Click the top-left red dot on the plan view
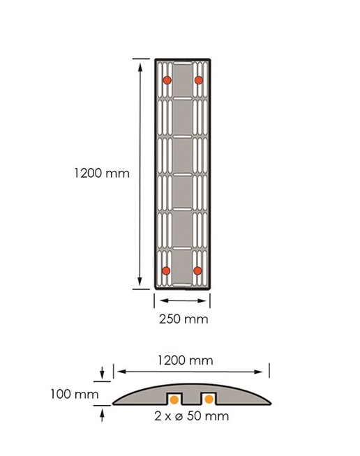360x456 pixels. pyautogui.click(x=167, y=80)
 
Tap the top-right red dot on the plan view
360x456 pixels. pyautogui.click(x=199, y=80)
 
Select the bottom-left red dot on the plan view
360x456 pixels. pyautogui.click(x=166, y=271)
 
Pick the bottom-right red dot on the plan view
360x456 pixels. pyautogui.click(x=197, y=271)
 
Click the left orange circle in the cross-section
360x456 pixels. pyautogui.click(x=174, y=400)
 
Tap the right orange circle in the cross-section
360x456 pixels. pyautogui.click(x=209, y=400)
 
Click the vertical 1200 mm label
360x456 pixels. pyautogui.click(x=102, y=174)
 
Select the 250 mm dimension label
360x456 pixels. pyautogui.click(x=183, y=319)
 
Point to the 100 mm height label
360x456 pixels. pyautogui.click(x=75, y=395)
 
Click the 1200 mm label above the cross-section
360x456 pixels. pyautogui.click(x=186, y=360)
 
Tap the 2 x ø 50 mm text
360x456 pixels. pyautogui.click(x=191, y=416)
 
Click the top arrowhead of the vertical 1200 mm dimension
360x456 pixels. pyautogui.click(x=140, y=68)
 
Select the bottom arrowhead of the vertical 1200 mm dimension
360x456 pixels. pyautogui.click(x=140, y=281)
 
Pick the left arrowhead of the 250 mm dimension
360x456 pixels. pyautogui.click(x=165, y=301)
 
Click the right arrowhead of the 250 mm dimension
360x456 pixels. pyautogui.click(x=202, y=301)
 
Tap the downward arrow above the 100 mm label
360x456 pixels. pyautogui.click(x=102, y=372)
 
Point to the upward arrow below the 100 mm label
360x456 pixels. pyautogui.click(x=102, y=415)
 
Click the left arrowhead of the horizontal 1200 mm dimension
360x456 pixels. pyautogui.click(x=122, y=372)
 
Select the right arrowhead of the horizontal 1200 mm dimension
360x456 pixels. pyautogui.click(x=258, y=372)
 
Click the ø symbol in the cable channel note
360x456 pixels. pyautogui.click(x=179, y=417)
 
